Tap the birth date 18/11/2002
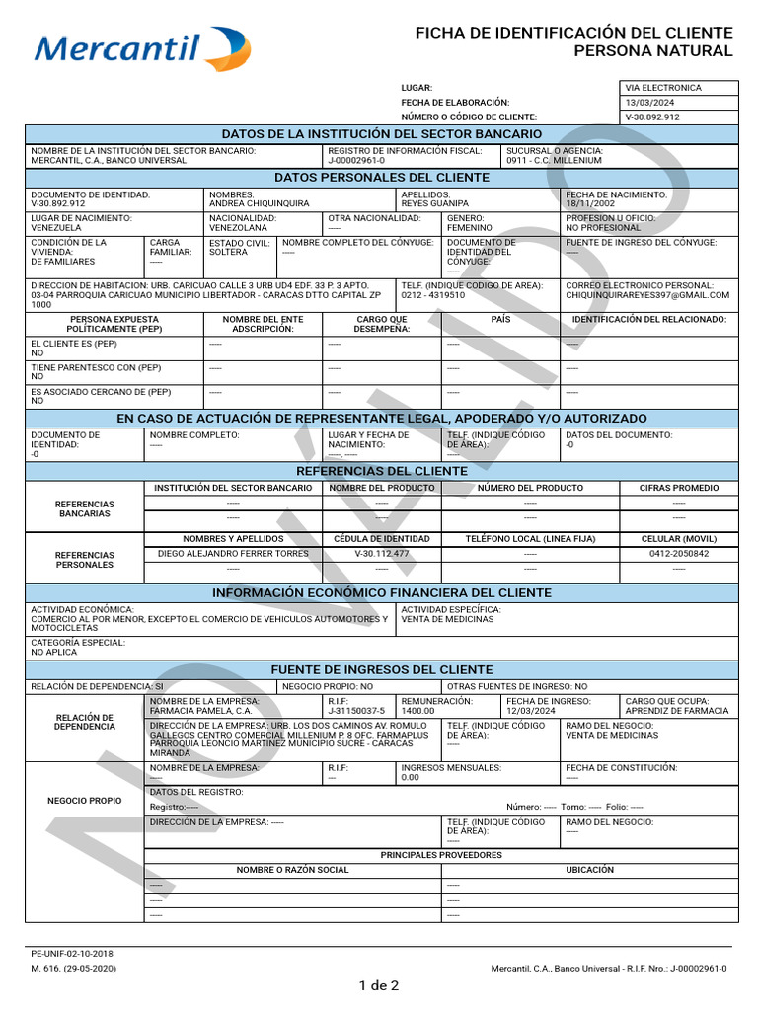[591, 204]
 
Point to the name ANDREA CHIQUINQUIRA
[260, 204]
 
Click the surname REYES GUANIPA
[434, 204]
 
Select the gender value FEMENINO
[470, 228]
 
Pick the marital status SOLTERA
[228, 252]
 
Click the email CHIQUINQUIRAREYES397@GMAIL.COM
[648, 295]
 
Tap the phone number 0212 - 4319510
[435, 295]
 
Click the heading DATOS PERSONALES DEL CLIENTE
[381, 178]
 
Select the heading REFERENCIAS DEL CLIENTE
[381, 471]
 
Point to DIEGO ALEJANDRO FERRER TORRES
[233, 554]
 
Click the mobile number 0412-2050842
[679, 554]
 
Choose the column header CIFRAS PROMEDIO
[679, 488]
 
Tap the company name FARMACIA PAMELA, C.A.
[200, 711]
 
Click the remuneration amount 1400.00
[417, 711]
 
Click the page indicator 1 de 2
[379, 985]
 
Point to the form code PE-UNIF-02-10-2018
[72, 954]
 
